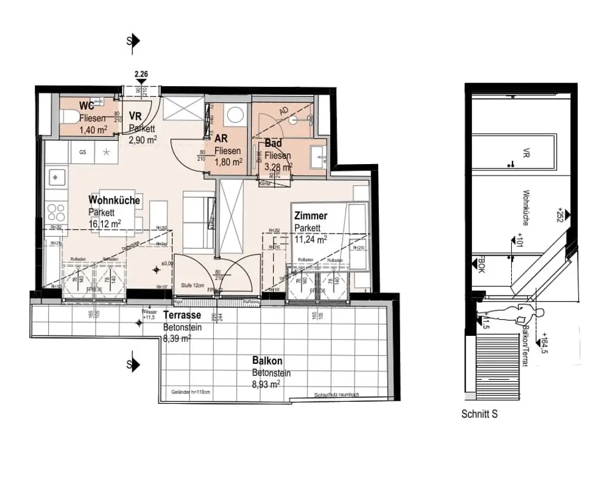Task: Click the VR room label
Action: point(135,117)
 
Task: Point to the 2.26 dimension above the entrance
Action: point(141,74)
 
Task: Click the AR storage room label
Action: point(221,139)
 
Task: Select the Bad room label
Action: point(273,144)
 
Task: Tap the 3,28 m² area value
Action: point(278,167)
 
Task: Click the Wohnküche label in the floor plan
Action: point(114,200)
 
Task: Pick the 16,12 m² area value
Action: point(105,224)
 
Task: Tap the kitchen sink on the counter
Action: point(56,177)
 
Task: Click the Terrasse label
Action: point(182,315)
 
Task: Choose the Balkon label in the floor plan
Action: point(267,361)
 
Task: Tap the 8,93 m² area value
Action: point(266,384)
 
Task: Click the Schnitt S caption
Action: point(479,414)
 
